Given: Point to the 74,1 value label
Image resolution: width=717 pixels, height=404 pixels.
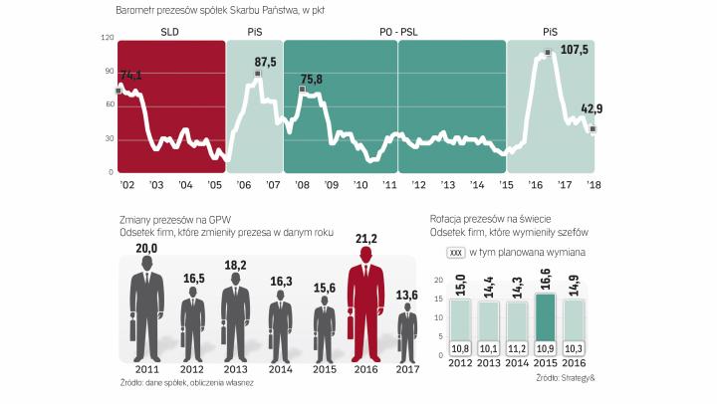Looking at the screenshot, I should coord(131,75).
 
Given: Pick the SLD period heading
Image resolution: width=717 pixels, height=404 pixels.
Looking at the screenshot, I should coord(170,33).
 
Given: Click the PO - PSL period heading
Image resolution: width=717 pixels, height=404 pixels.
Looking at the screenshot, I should coord(397,33).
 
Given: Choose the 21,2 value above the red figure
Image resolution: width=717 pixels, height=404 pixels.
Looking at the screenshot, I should coord(366,238).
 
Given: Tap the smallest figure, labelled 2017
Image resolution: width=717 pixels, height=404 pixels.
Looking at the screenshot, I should coord(407,338).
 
